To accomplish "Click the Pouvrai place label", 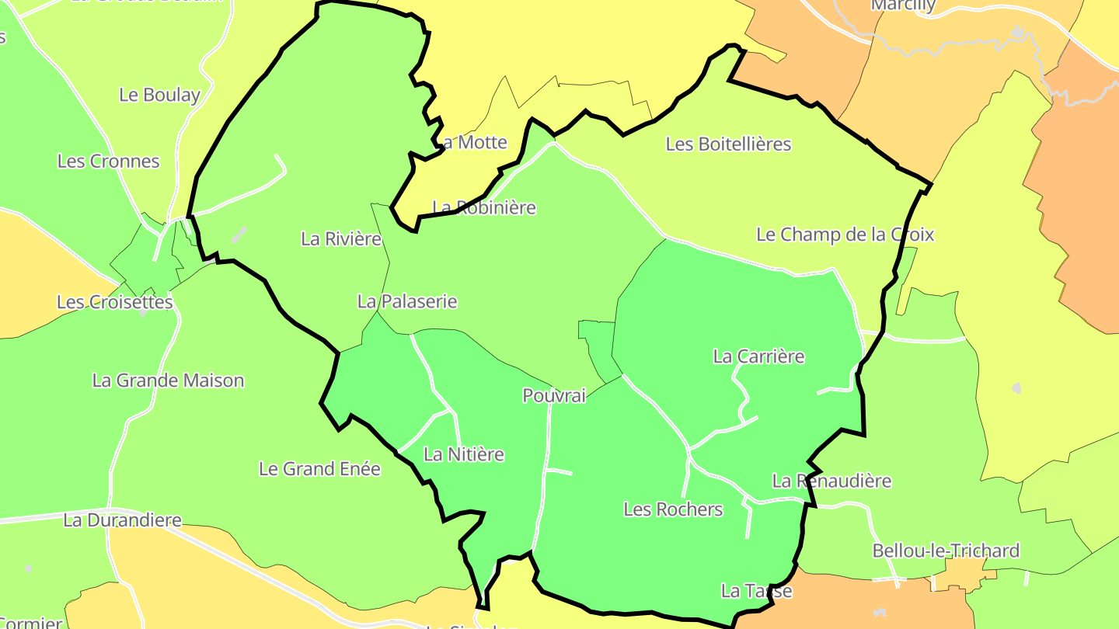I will [x=554, y=395].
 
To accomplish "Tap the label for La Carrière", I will [x=758, y=356].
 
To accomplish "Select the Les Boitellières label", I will [x=728, y=144].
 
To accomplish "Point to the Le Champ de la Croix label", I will [x=845, y=234].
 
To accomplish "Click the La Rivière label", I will [x=341, y=238].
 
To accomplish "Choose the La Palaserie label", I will [x=407, y=301].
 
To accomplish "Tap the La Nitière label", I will [x=464, y=454].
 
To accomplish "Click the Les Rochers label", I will [x=673, y=509].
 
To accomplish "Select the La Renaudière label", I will [x=831, y=481].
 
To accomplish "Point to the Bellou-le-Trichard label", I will [x=946, y=551].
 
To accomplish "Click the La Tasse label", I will [x=756, y=591].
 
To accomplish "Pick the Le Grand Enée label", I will [x=319, y=469].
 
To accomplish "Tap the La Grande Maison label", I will [x=168, y=381].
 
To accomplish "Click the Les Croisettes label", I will [x=115, y=302].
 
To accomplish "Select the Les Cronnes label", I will [x=108, y=162].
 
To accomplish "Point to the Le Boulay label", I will [x=159, y=95].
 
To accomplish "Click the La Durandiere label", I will [x=122, y=520].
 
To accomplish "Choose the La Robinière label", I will [x=484, y=207].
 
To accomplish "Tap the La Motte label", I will [x=473, y=142].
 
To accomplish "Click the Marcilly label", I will [x=903, y=5].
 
